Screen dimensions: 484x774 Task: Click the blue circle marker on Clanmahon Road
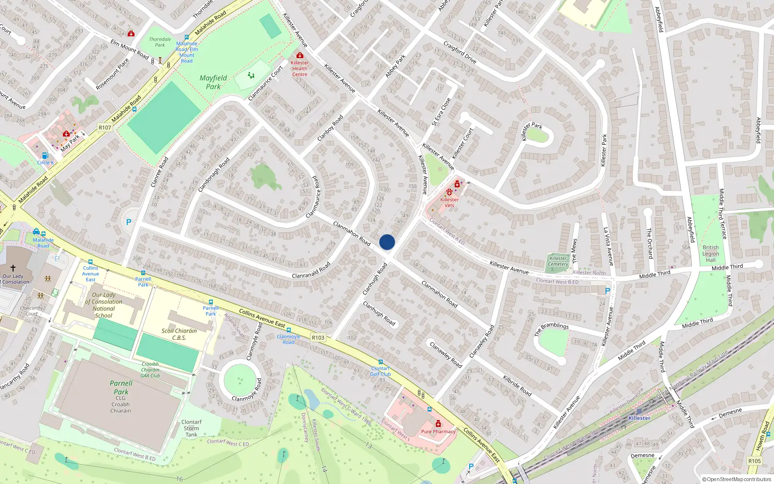pos(387,242)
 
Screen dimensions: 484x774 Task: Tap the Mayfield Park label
pos(213,82)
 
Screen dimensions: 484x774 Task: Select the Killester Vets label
pos(449,202)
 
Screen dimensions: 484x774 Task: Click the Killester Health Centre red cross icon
pos(300,56)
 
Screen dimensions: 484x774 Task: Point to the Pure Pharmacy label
pos(438,431)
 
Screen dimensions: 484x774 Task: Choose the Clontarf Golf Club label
pos(380,371)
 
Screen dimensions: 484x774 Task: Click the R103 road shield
pos(318,337)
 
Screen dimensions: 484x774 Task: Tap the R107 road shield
pos(105,128)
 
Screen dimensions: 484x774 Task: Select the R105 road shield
pos(754,461)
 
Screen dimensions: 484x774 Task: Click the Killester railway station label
pos(639,418)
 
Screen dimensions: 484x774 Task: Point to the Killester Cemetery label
pos(558,261)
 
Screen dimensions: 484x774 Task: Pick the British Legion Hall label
pos(711,254)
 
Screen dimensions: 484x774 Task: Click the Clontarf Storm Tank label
pos(192,428)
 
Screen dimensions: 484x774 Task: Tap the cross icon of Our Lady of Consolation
pos(13,268)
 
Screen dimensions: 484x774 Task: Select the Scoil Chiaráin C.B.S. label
pos(179,334)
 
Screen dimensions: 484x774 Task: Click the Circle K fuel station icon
pos(45,155)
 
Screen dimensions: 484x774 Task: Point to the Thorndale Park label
pos(160,42)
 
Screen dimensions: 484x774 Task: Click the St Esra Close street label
pos(441,112)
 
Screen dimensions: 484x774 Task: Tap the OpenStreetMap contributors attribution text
pos(736,479)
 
